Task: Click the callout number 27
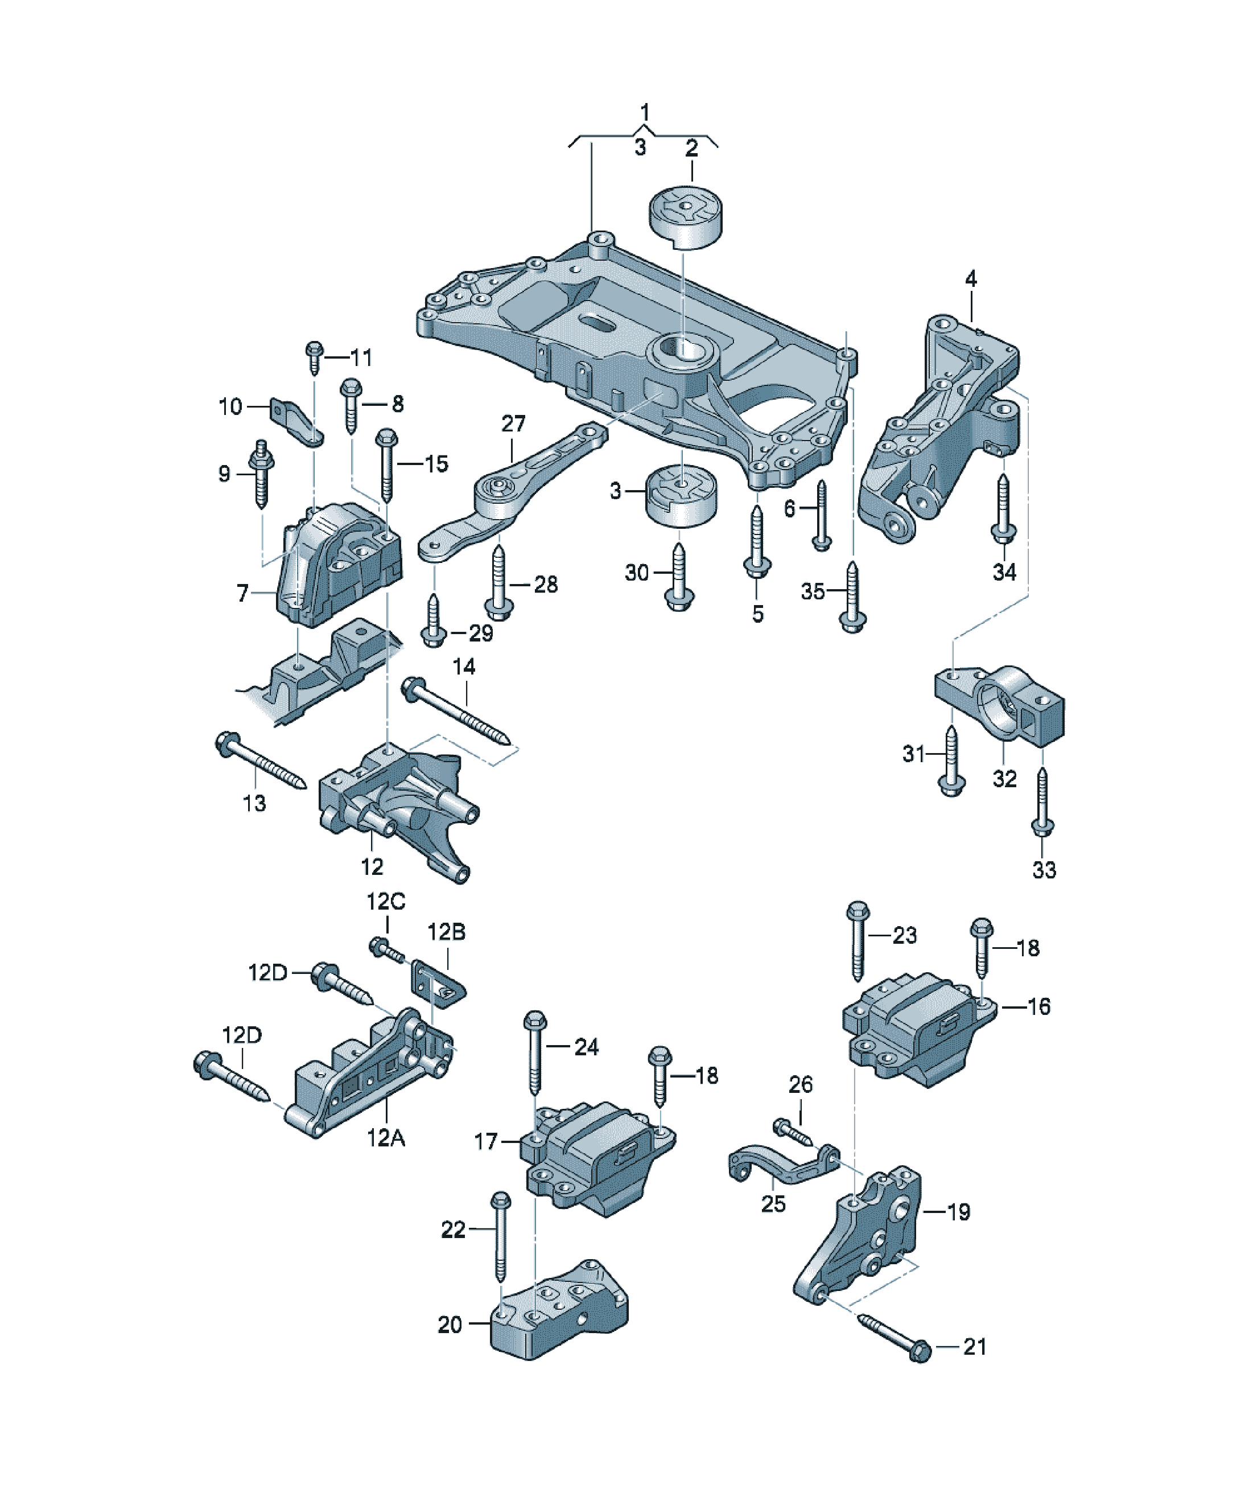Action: click(x=513, y=423)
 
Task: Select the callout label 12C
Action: click(x=386, y=901)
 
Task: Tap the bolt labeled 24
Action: click(x=535, y=1052)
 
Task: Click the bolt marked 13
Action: click(x=261, y=760)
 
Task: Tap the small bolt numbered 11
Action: click(x=314, y=357)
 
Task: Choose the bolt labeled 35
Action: click(x=852, y=597)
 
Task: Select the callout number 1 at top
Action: click(x=645, y=112)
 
